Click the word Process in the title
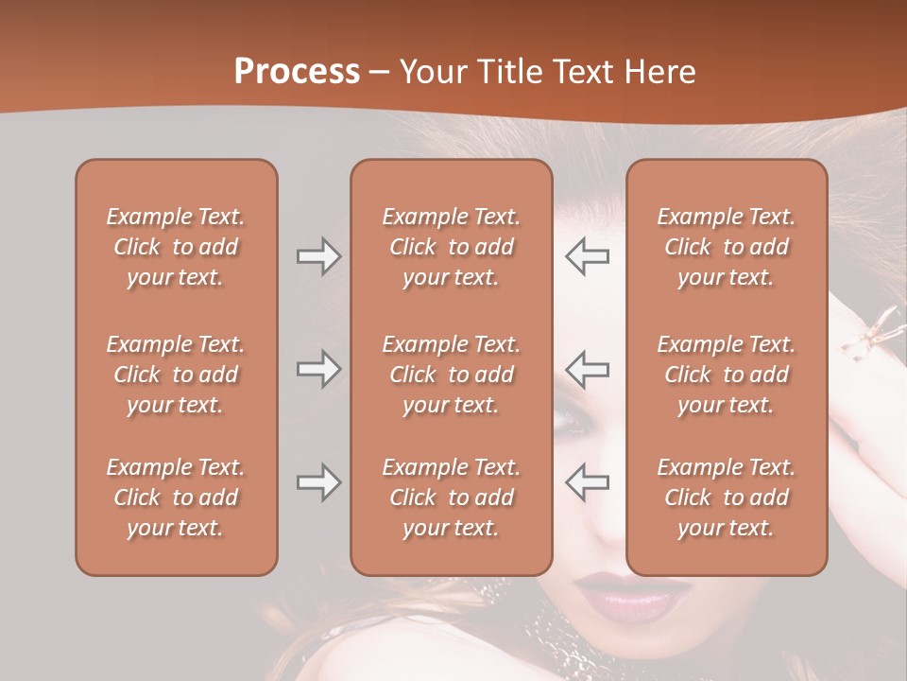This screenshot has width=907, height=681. tap(297, 72)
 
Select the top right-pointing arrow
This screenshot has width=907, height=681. tap(319, 256)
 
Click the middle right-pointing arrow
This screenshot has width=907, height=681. tap(319, 369)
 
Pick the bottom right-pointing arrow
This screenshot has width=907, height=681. tap(319, 482)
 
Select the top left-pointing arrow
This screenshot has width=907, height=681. tap(587, 256)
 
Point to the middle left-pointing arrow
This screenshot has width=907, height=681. tap(587, 369)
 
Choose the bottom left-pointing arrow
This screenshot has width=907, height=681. tap(587, 482)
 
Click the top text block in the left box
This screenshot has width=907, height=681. tap(176, 247)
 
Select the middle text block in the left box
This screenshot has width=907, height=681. tap(176, 375)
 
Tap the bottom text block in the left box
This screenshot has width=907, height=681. tap(176, 498)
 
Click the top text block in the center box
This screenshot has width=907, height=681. tap(452, 247)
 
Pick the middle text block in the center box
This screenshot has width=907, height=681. tap(452, 375)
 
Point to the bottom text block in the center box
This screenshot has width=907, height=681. tap(452, 498)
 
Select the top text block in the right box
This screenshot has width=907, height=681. tap(727, 247)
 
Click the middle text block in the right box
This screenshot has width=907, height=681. tap(727, 375)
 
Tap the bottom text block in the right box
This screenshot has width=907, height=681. tap(727, 498)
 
